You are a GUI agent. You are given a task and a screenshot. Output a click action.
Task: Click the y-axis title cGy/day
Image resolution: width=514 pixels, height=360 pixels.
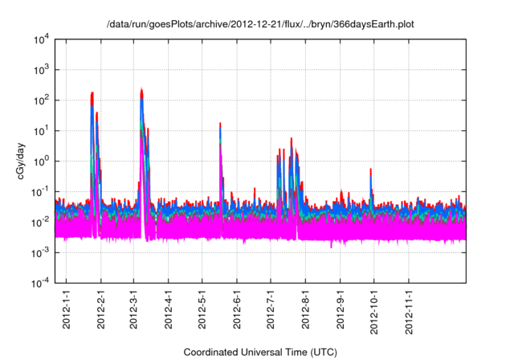[22, 160]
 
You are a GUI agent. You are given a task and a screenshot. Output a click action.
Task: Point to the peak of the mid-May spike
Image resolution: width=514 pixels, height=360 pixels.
[220, 124]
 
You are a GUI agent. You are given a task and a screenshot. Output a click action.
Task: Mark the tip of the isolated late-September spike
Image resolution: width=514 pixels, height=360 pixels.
[370, 170]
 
